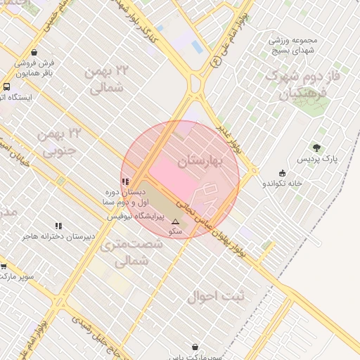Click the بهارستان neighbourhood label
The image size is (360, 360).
tap(200, 162)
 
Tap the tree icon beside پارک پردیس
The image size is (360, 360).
tap(316, 148)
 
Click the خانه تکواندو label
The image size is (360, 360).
tap(282, 184)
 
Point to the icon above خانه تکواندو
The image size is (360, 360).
tap(283, 173)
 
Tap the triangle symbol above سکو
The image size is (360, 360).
tap(175, 221)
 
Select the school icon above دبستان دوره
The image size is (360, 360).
tap(125, 181)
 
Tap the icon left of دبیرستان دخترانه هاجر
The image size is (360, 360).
tap(58, 226)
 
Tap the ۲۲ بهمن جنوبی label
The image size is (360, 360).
tap(63, 142)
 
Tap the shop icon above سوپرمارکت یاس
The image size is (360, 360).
tap(195, 347)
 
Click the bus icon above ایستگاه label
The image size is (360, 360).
tap(6, 86)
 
